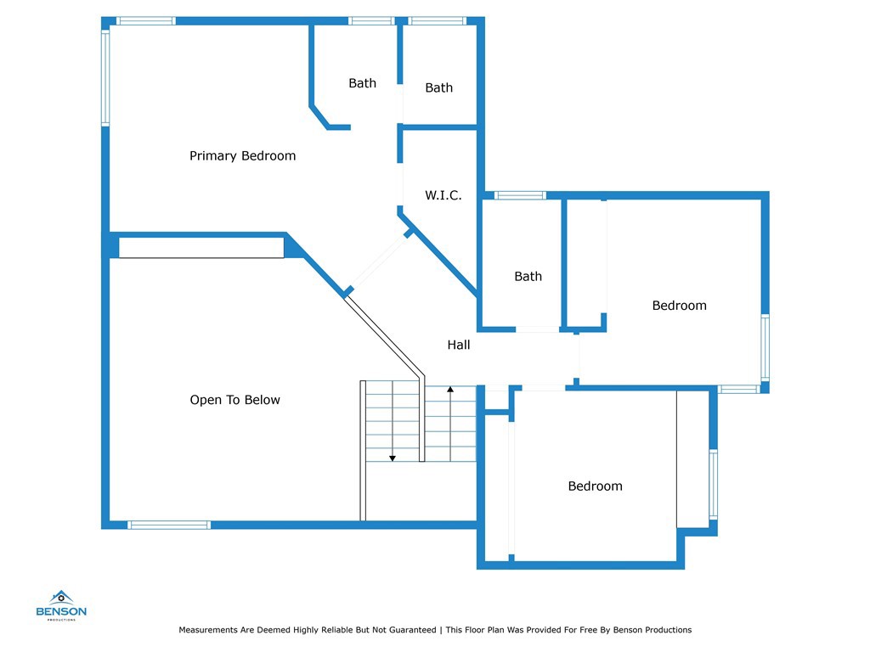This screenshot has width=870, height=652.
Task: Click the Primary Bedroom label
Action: point(242,156)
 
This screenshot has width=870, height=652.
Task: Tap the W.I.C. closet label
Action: point(443,196)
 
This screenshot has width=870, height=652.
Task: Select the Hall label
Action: point(459,345)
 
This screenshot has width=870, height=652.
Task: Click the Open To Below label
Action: point(234,400)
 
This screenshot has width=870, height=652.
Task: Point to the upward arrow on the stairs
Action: point(450,390)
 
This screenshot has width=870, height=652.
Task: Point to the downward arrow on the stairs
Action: point(393,457)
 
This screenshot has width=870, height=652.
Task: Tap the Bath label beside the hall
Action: point(528,277)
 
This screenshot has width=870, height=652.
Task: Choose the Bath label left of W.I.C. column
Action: point(362,83)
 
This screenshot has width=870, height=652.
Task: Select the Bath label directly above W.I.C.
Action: point(438,87)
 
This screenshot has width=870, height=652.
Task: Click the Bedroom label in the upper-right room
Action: point(679,306)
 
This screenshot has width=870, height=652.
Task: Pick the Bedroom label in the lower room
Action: point(595,486)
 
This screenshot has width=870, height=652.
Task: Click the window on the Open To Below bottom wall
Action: point(169,525)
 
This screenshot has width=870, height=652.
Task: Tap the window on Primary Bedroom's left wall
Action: point(106,78)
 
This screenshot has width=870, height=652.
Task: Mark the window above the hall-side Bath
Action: point(520,195)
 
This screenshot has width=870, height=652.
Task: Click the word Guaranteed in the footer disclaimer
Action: point(411,630)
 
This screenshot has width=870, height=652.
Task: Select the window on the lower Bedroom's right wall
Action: point(713,483)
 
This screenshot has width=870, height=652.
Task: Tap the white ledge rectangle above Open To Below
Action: point(201,247)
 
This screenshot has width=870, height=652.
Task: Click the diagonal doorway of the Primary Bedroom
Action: point(378,263)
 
